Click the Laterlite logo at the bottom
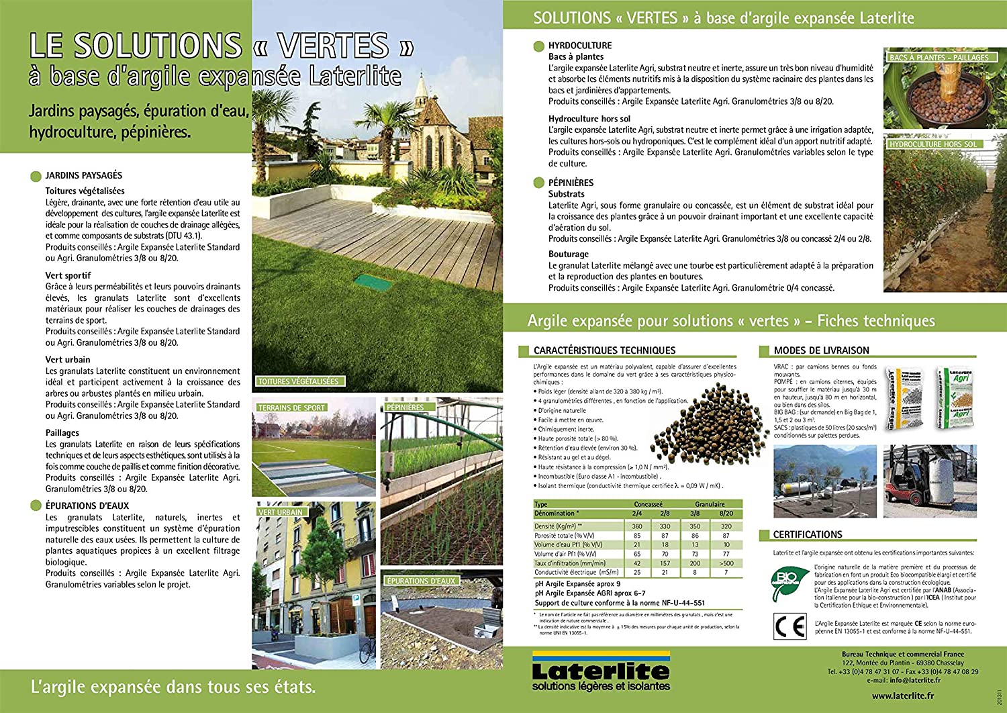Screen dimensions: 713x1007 coord(601,671)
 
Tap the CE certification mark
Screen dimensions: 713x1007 coord(789,626)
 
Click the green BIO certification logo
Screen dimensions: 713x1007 coord(789,581)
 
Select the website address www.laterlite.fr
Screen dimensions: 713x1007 coord(903,696)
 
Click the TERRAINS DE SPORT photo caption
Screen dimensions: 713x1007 coord(291,408)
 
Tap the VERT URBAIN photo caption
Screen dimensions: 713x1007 coord(281,512)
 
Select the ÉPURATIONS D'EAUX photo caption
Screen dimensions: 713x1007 coord(421,581)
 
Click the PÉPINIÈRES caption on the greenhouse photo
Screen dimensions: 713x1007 coord(405,407)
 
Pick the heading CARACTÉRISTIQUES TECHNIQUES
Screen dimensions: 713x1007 coord(604,350)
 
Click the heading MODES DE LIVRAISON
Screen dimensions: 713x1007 coord(821,350)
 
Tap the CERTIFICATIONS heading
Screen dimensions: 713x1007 coord(807,534)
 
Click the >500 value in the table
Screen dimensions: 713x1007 coord(726,563)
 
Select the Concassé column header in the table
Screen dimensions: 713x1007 coord(648,504)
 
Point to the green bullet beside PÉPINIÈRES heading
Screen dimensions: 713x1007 coord(538,183)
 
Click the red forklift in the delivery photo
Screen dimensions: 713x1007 coord(910,487)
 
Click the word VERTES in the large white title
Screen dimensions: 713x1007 coord(333,46)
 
